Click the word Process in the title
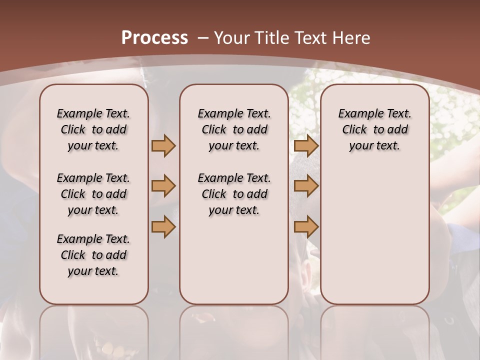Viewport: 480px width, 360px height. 154,38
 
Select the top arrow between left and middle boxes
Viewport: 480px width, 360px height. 163,145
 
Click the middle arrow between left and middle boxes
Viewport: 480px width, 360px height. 163,186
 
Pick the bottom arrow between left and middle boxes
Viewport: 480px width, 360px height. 163,227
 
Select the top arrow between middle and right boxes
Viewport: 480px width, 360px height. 306,145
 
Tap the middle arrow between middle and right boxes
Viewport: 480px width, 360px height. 306,186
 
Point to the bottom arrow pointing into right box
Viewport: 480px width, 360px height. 306,227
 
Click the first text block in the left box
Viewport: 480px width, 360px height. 93,129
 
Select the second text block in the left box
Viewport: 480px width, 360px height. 93,194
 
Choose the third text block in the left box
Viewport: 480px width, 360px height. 93,255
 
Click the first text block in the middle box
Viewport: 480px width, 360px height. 234,129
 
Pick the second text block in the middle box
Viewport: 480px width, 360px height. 234,194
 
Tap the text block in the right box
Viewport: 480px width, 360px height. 374,129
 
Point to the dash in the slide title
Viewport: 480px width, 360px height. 203,38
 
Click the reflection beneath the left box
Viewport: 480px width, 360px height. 94,330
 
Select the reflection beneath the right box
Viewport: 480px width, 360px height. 374,330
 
